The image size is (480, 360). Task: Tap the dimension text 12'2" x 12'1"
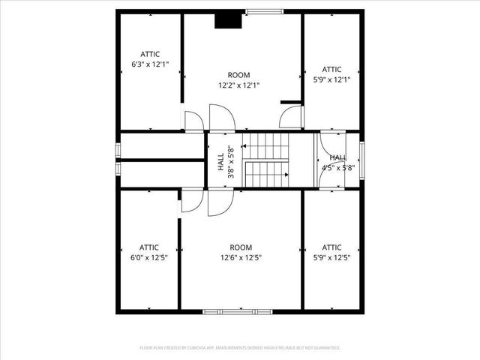tap(239, 85)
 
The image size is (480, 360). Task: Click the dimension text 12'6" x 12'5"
tap(241, 258)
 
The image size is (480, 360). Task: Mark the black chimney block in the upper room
tap(228, 20)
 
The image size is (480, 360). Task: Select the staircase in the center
tap(266, 160)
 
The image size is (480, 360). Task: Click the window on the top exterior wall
tap(265, 11)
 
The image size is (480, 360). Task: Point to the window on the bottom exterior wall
tap(240, 311)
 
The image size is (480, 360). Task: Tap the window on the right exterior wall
tap(361, 160)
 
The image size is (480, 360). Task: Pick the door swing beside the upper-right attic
tap(292, 117)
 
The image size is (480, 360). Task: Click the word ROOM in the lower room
tap(241, 247)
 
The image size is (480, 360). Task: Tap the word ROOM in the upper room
tap(239, 75)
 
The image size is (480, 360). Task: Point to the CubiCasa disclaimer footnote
tap(240, 348)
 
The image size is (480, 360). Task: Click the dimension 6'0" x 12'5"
tap(149, 258)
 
